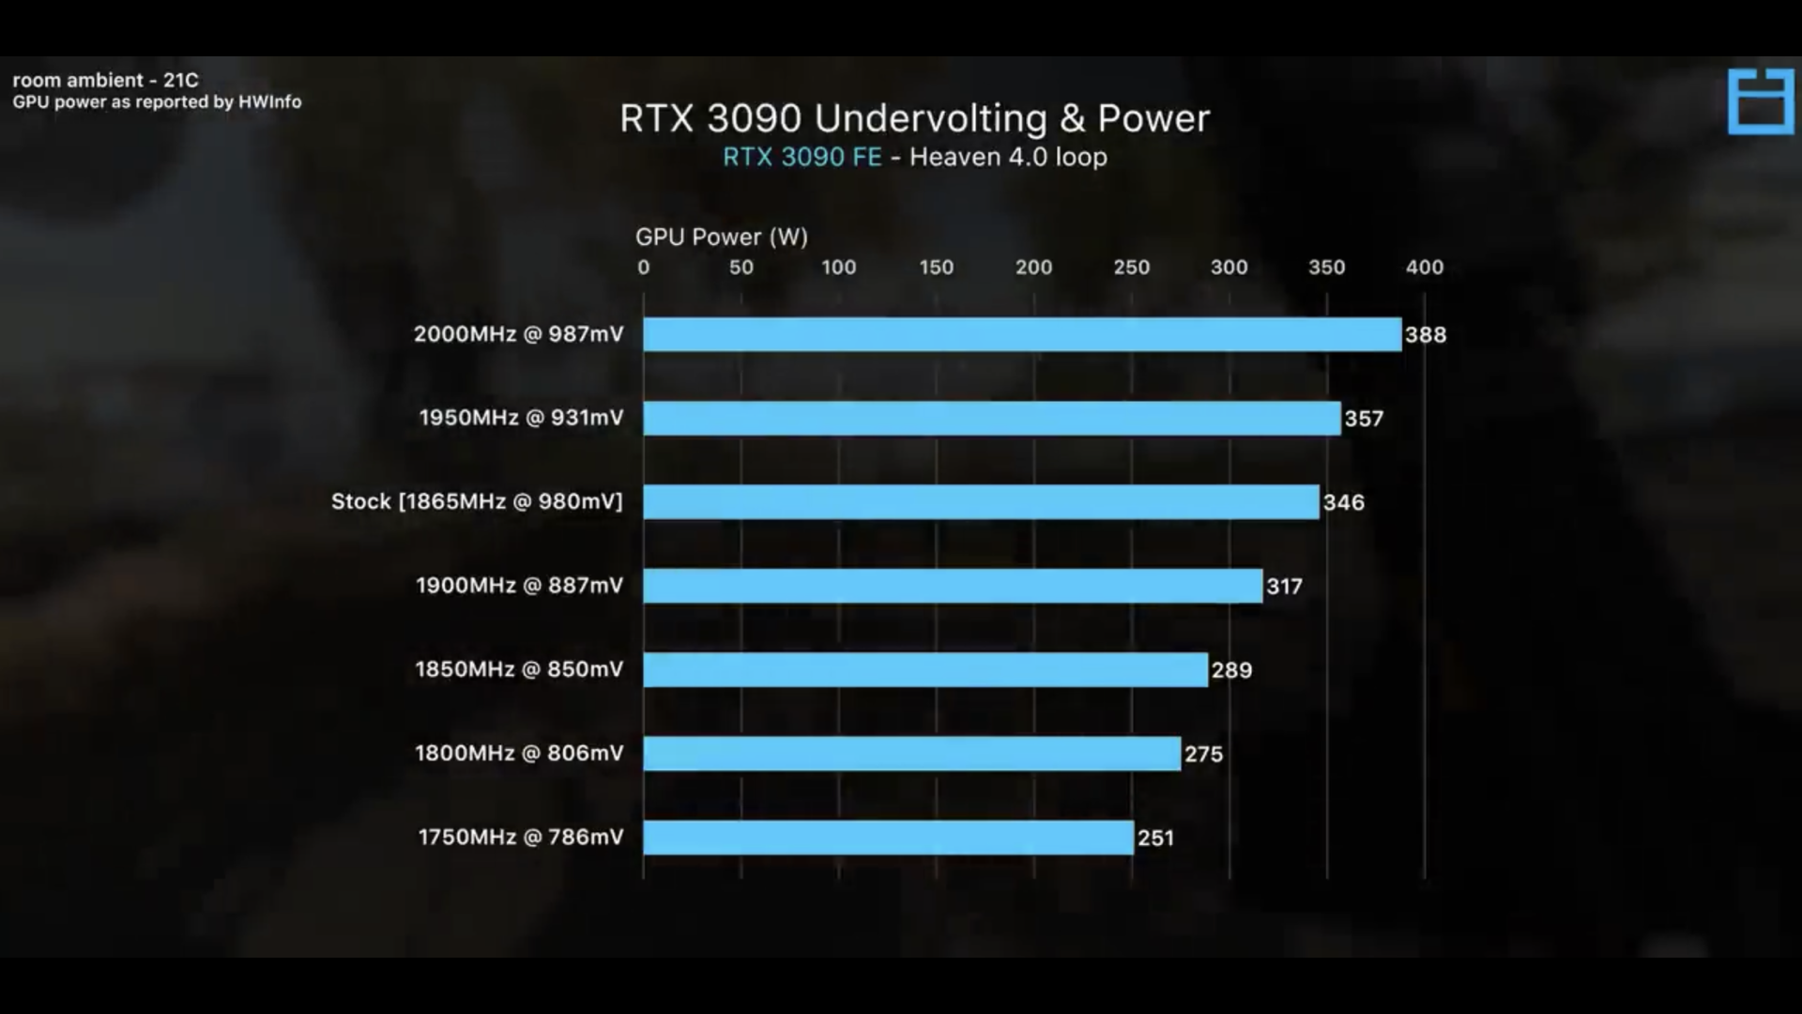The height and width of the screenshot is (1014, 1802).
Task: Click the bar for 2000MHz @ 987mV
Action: click(x=1021, y=334)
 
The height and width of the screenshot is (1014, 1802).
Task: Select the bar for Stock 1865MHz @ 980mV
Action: click(x=981, y=501)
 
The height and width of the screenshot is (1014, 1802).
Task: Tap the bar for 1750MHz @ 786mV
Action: click(x=888, y=837)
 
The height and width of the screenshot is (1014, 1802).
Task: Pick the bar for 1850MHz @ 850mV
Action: click(x=924, y=669)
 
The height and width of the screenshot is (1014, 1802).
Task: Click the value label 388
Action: click(x=1425, y=335)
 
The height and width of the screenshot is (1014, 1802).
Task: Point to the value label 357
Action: click(x=1364, y=419)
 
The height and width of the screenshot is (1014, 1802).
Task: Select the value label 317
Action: click(x=1284, y=587)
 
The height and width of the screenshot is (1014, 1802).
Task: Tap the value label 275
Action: click(x=1203, y=754)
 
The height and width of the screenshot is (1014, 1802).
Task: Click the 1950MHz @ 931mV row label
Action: click(x=521, y=418)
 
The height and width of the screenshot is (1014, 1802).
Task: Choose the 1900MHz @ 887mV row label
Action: click(x=519, y=586)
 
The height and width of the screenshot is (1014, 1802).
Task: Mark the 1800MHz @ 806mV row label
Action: click(x=519, y=753)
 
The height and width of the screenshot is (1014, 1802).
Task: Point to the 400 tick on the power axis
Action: click(x=1424, y=268)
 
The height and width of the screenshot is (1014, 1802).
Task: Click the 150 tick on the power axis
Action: click(x=936, y=268)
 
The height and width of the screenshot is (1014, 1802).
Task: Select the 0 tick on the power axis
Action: click(x=643, y=268)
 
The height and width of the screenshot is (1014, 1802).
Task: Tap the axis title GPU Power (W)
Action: click(x=721, y=237)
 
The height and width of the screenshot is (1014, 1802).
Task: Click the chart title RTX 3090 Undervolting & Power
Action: click(x=914, y=118)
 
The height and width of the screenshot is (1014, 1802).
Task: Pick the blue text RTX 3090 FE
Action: click(x=802, y=157)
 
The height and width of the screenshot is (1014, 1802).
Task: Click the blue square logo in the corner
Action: click(x=1760, y=100)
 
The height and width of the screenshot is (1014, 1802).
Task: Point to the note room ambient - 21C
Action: click(x=105, y=80)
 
